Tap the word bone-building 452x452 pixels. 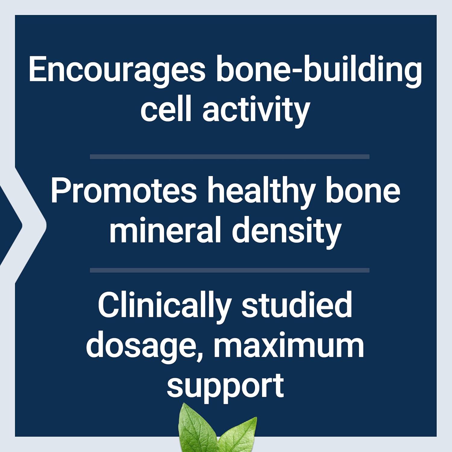click(x=319, y=70)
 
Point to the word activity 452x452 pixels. click(x=256, y=110)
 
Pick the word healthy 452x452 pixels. click(x=260, y=192)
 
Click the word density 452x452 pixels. click(x=286, y=231)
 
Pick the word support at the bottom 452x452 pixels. click(x=225, y=386)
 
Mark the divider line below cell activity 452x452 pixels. click(x=229, y=156)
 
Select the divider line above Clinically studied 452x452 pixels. click(x=229, y=270)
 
